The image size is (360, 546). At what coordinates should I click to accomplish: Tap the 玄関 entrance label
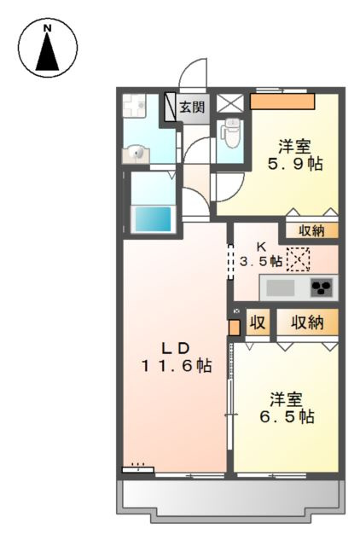click(x=193, y=107)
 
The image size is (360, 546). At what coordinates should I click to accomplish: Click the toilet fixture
click(x=229, y=133)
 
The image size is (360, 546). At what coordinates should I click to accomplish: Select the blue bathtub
click(x=153, y=218)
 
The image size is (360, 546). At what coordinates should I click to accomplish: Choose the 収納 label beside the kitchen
click(x=311, y=229)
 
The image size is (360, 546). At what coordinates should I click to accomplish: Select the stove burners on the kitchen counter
click(x=321, y=288)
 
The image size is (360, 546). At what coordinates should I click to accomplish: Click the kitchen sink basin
click(x=281, y=288)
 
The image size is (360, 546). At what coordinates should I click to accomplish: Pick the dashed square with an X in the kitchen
click(x=299, y=258)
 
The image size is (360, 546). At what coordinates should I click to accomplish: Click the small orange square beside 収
click(x=235, y=326)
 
